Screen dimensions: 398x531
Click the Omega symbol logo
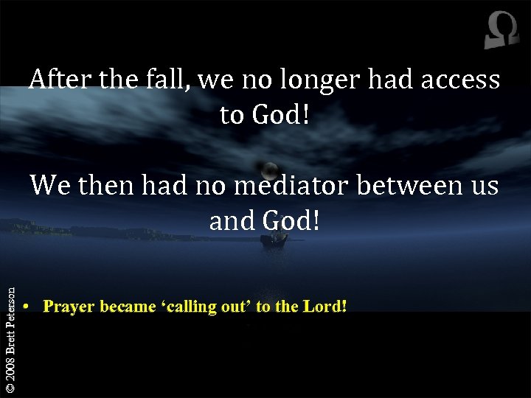[502, 32]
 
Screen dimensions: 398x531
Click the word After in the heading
[63, 80]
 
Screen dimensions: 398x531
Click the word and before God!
[230, 220]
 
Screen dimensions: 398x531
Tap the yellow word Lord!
[324, 306]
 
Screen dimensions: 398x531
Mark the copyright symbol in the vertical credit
[9, 386]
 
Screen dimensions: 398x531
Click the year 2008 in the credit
[9, 365]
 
